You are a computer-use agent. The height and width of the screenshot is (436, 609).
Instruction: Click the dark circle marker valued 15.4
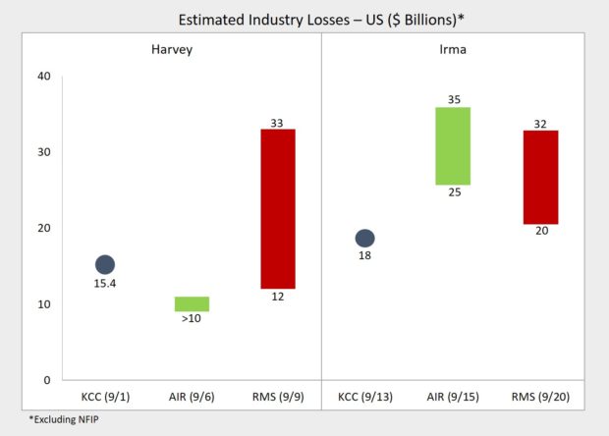[x=105, y=264]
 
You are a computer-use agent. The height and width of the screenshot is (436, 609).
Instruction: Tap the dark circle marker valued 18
[x=364, y=239]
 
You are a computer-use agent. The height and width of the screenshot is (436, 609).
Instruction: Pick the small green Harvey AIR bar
[x=192, y=303]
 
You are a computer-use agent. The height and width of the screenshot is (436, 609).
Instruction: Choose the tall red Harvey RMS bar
[x=278, y=209]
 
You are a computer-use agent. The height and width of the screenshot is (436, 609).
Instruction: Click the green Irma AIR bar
[x=452, y=146]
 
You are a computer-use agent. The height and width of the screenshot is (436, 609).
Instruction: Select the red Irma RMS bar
[x=540, y=177]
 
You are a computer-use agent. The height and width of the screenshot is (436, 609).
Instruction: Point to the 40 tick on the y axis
[x=43, y=77]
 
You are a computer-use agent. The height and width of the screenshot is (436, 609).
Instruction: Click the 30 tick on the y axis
[x=43, y=152]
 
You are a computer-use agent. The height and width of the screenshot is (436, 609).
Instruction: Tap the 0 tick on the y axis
[x=46, y=380]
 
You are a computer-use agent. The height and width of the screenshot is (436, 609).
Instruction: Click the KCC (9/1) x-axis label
[x=105, y=397]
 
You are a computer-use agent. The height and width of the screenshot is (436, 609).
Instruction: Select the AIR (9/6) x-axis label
[x=192, y=397]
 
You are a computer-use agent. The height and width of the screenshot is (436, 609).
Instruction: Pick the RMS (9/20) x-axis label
[x=541, y=397]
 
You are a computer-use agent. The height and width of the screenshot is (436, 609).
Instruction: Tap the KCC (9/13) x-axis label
[x=364, y=397]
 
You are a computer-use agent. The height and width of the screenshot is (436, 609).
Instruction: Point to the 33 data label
[x=278, y=122]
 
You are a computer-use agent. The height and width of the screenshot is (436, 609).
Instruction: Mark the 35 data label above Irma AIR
[x=452, y=99]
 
